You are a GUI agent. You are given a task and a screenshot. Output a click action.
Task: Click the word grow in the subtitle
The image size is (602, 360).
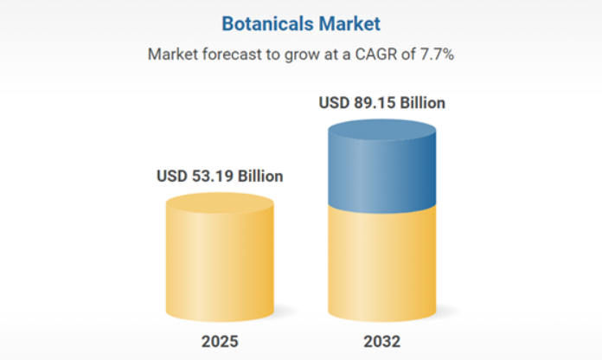point(296,54)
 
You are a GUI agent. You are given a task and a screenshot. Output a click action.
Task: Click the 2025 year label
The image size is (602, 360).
point(220,341)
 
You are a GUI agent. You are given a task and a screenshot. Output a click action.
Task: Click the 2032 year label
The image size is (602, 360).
point(381,341)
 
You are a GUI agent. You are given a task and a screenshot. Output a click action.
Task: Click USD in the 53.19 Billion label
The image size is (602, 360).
point(172,177)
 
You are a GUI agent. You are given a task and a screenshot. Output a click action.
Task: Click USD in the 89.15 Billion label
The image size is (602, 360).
point(334,103)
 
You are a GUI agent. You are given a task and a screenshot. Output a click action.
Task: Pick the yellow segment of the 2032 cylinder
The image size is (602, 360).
point(381,260)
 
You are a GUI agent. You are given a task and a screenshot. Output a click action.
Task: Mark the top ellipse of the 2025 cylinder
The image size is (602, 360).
point(220,203)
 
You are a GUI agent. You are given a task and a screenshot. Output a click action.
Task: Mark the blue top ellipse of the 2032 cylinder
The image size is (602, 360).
point(381,130)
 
